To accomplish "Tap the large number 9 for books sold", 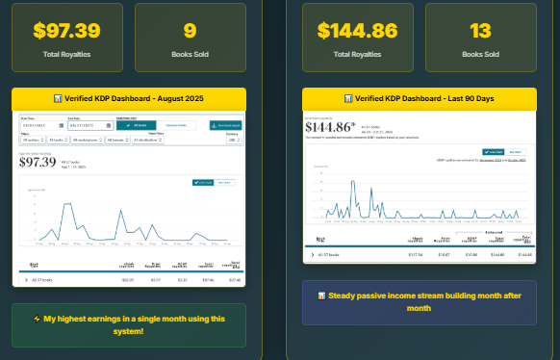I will pyautogui.click(x=190, y=30).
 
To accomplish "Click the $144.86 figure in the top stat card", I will pyautogui.click(x=357, y=30).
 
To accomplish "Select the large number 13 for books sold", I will pyautogui.click(x=478, y=30).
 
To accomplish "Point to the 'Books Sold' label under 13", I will pyautogui.click(x=478, y=54).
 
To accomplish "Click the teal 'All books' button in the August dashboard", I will pyautogui.click(x=138, y=125).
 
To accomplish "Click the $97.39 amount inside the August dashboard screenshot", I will pyautogui.click(x=38, y=161).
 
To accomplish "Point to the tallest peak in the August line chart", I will pyautogui.click(x=66, y=204).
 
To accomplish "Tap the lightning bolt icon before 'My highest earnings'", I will pyautogui.click(x=36, y=319).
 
